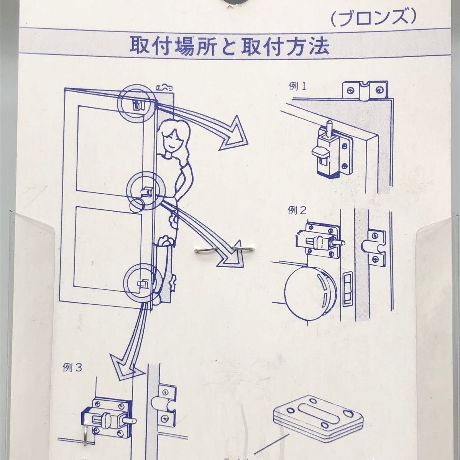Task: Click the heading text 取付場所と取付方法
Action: click(x=230, y=46)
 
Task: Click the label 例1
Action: click(x=298, y=87)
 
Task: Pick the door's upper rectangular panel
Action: click(x=109, y=148)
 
